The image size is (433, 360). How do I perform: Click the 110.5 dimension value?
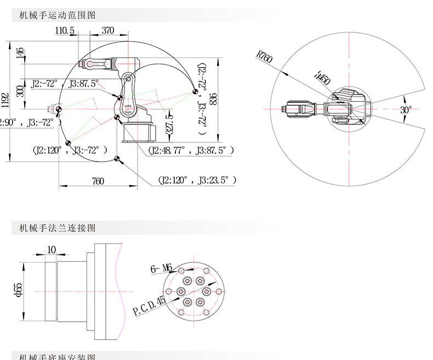pos(65,31)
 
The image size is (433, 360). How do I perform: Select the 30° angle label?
pos(405,109)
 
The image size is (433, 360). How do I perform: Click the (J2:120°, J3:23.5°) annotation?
pos(197,180)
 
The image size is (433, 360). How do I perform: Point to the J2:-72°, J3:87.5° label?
pos(65,84)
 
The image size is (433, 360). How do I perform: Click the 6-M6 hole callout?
pos(161,268)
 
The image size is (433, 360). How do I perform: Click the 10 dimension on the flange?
pos(52,250)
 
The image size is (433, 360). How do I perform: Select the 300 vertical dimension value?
pos(20,91)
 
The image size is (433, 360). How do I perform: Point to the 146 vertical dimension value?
pos(20,53)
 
